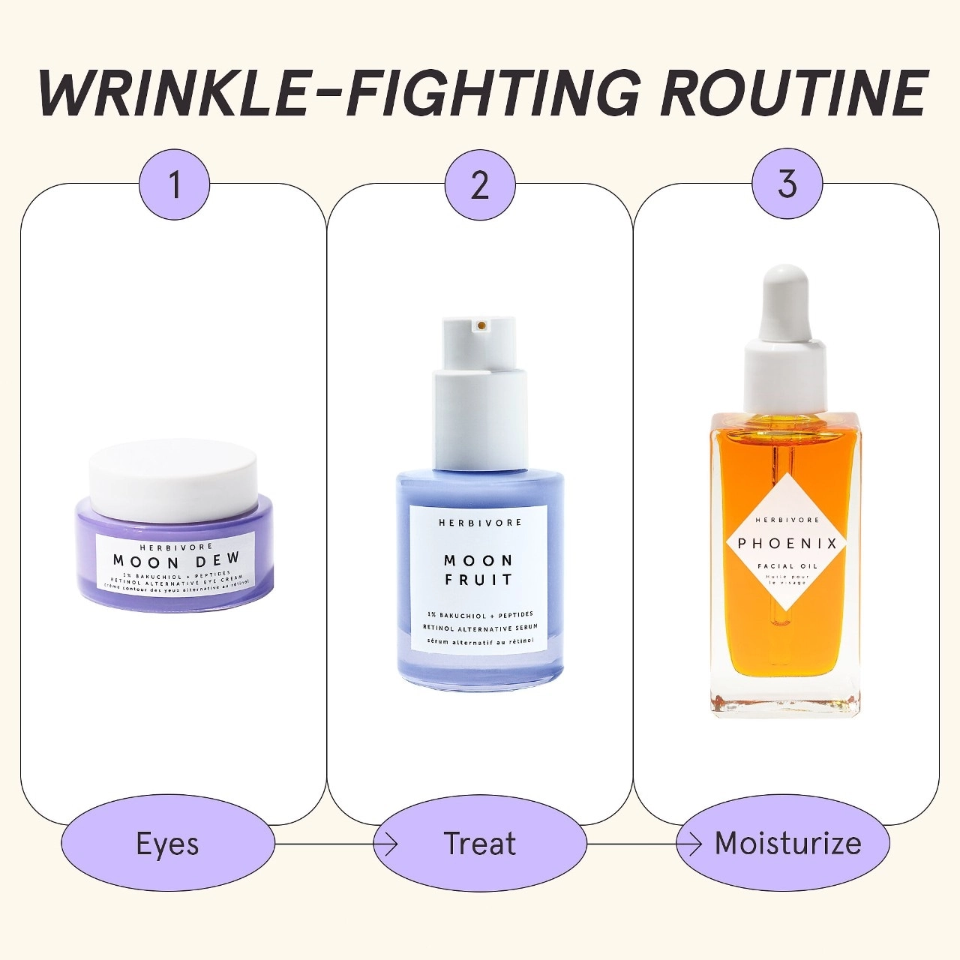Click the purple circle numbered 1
coord(174,184)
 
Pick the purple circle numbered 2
coord(480,184)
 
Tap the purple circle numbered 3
coord(787,184)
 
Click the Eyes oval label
coord(168,844)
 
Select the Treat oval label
coord(480,844)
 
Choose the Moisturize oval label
coord(787,844)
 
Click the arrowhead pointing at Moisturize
coord(694,844)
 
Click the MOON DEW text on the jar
coord(176,560)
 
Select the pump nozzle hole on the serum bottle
coord(481,325)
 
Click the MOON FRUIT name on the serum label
coord(479,570)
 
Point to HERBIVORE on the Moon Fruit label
coord(480,523)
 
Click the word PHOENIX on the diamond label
coord(787,544)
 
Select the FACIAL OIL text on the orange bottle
coord(787,566)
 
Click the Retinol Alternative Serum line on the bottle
coord(480,628)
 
